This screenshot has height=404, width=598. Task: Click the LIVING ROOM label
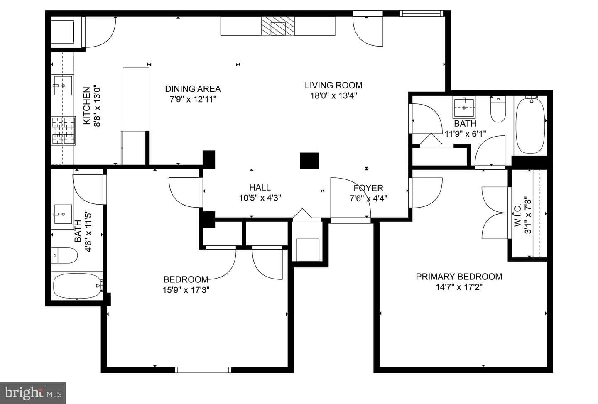coord(333,86)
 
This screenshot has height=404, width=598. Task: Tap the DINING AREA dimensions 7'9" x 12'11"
coord(193,100)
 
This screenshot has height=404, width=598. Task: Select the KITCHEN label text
coord(86,106)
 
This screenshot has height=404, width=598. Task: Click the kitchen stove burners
coord(64,131)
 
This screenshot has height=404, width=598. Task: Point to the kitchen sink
coord(63,86)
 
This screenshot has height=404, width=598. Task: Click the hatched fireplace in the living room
coord(278,26)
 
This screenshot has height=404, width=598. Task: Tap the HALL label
coord(260,187)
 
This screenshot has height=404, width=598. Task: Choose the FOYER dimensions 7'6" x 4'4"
coord(368,198)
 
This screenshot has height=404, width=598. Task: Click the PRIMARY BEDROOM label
coord(459,277)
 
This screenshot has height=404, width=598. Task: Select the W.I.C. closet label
coord(517,215)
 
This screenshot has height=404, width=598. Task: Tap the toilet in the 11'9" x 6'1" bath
coord(498,109)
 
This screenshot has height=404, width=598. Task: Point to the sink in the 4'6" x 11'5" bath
coord(63,214)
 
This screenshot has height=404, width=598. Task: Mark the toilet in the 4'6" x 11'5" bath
coord(64,255)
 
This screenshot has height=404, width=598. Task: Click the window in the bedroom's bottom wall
coord(203,370)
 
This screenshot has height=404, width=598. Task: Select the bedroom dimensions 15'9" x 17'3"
coord(186,290)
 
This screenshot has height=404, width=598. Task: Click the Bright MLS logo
coord(33,393)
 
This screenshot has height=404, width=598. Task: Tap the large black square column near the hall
coord(309,161)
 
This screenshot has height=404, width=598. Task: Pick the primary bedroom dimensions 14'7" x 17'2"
coord(459,287)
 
